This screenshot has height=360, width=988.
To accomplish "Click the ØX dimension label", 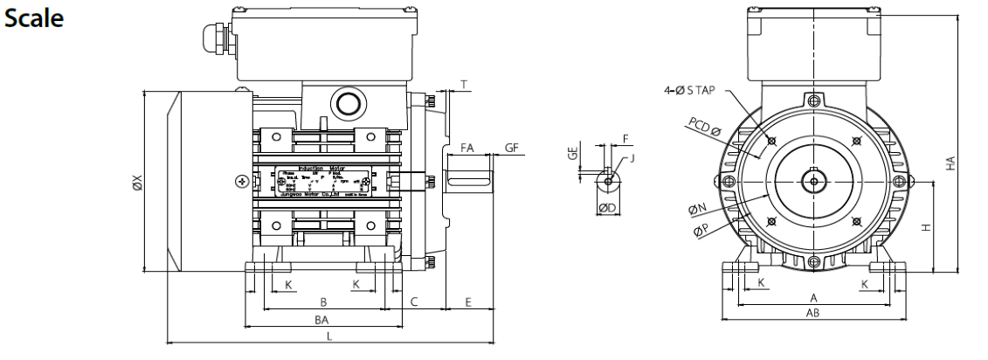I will (x=136, y=183).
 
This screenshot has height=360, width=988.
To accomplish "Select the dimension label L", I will (x=328, y=336).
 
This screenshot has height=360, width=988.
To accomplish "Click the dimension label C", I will (x=415, y=301).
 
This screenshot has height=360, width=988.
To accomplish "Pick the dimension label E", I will (x=468, y=301).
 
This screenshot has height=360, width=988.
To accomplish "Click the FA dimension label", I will (x=466, y=149).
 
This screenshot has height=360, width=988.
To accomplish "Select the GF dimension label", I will (x=512, y=149).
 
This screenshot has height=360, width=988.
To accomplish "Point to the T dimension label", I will (x=464, y=85).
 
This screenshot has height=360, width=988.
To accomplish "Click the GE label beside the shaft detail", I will (x=573, y=154).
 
